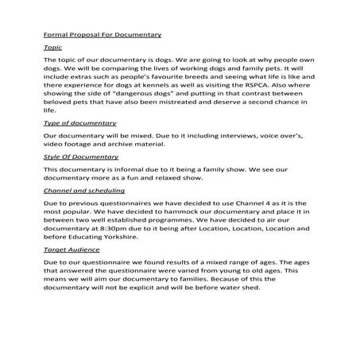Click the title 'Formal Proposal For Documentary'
(x=102, y=34)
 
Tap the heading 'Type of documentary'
(x=79, y=123)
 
